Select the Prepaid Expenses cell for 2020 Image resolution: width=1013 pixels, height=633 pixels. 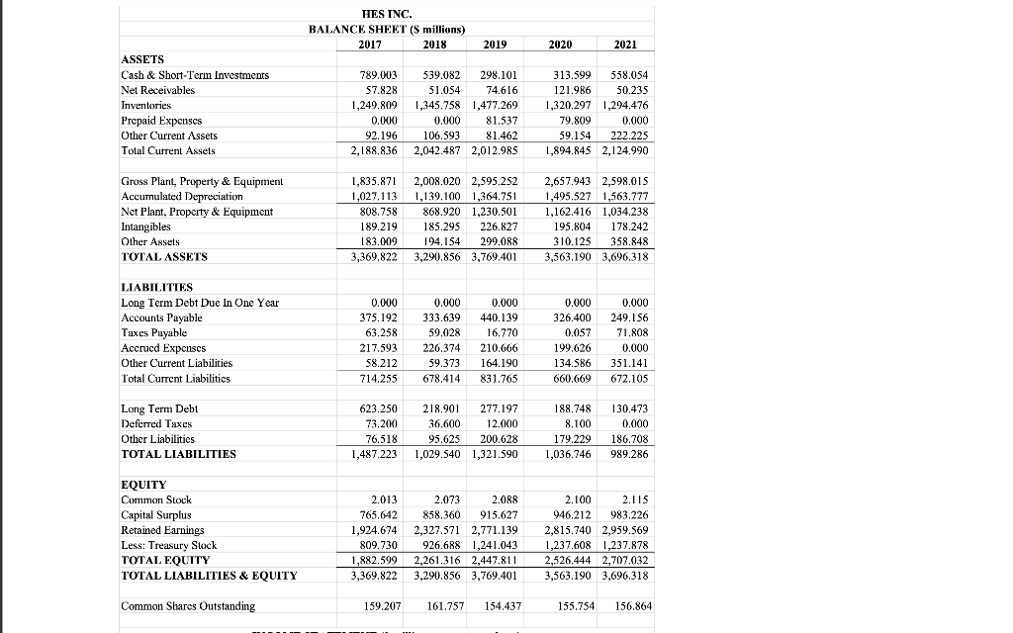[569, 120]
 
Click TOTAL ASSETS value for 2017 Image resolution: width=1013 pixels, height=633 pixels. [375, 256]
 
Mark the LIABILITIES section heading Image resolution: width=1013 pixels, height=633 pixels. [156, 288]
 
